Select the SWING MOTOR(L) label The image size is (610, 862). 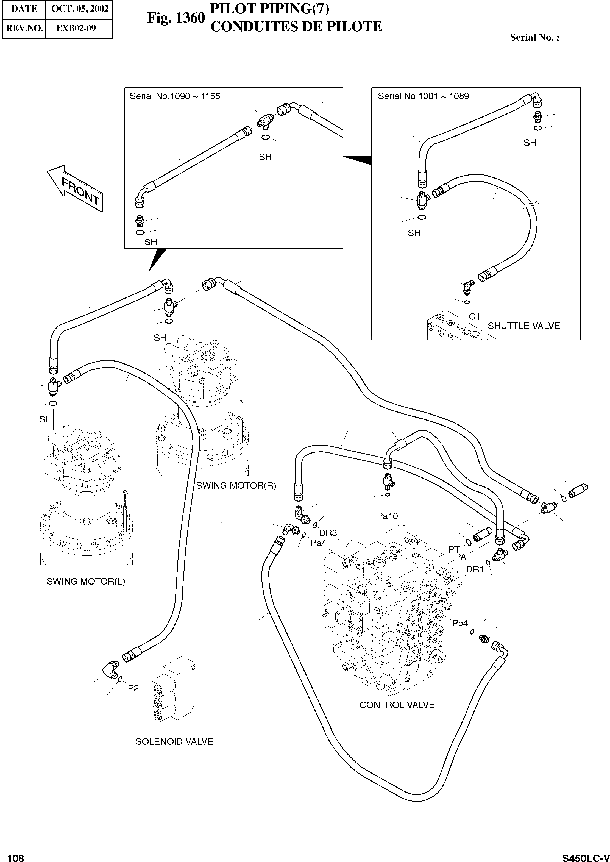pyautogui.click(x=86, y=582)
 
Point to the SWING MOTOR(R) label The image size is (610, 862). pyautogui.click(x=236, y=486)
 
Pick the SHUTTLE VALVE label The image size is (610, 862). pyautogui.click(x=523, y=326)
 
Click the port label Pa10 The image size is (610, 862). pyautogui.click(x=387, y=516)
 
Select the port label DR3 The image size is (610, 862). pyautogui.click(x=328, y=533)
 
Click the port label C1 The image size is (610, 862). pyautogui.click(x=474, y=317)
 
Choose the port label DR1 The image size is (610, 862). pyautogui.click(x=475, y=569)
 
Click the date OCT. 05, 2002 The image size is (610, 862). pyautogui.click(x=80, y=9)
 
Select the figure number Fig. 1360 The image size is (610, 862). pyautogui.click(x=176, y=18)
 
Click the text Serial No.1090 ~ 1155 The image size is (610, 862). pyautogui.click(x=175, y=96)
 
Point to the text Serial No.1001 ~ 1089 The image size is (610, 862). pyautogui.click(x=423, y=96)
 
